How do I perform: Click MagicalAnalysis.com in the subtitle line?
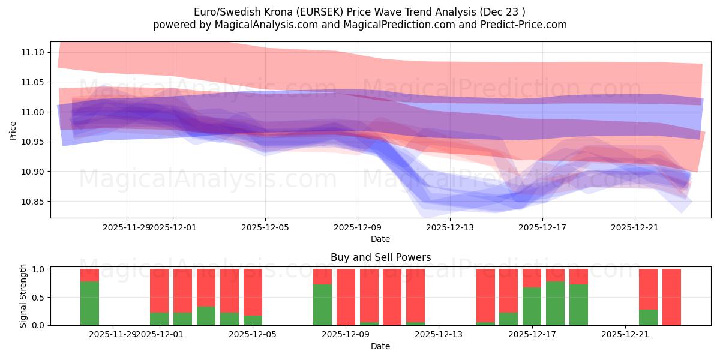245,25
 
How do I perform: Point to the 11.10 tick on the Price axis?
32,53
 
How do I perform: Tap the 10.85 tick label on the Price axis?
32,202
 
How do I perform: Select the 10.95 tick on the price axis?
32,142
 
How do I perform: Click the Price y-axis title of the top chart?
13,130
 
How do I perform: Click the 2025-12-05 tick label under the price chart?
265,227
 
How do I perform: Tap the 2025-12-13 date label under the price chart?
450,227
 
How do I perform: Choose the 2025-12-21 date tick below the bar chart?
625,334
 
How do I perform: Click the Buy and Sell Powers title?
380,257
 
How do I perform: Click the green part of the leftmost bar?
89,303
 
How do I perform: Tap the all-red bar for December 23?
671,297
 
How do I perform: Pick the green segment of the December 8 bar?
322,305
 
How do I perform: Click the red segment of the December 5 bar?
253,292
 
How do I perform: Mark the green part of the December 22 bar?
648,317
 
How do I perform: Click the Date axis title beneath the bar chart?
380,346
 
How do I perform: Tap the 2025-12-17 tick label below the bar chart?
532,334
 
